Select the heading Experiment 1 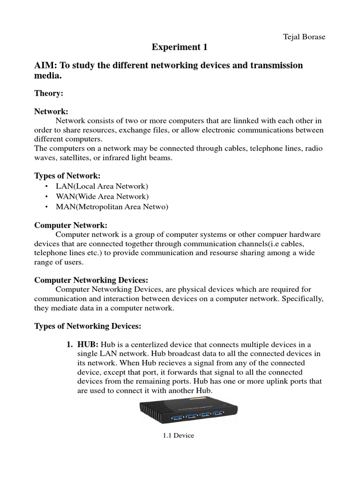(180, 47)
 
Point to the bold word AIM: (45, 65)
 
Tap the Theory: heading (49, 93)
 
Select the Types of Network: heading (67, 176)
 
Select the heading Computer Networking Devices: (91, 280)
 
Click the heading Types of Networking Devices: (87, 325)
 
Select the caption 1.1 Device (178, 435)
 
